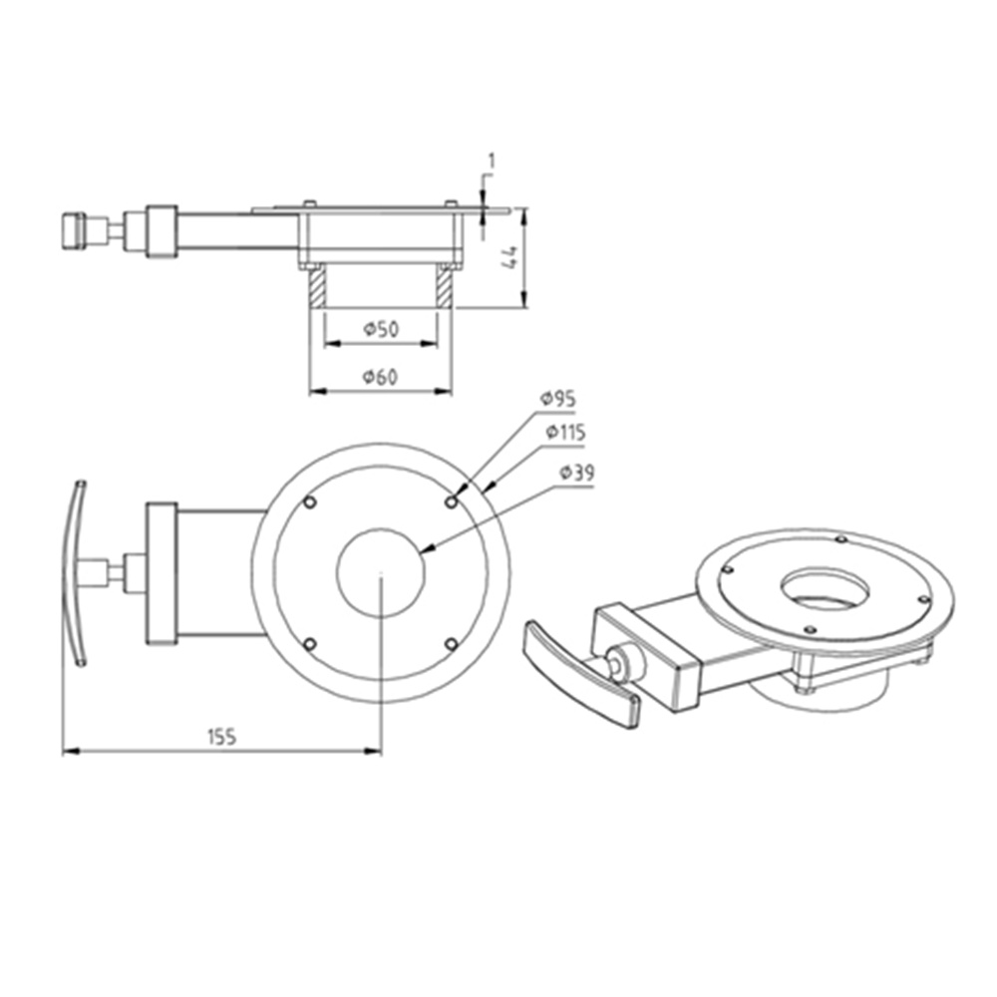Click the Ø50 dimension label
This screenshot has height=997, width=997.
click(x=381, y=329)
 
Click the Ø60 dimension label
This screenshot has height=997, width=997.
click(x=381, y=377)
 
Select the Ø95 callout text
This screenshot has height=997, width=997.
click(x=558, y=398)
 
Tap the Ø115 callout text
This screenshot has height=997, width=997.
click(x=565, y=434)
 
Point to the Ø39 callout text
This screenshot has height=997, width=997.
click(x=577, y=474)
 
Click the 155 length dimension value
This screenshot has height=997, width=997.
click(x=220, y=737)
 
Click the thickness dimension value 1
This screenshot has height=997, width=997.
click(x=491, y=160)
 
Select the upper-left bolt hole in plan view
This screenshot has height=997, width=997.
click(x=310, y=502)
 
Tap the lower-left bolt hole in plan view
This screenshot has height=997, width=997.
click(x=310, y=644)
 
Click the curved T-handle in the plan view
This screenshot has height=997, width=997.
click(x=74, y=573)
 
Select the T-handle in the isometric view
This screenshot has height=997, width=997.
click(x=581, y=675)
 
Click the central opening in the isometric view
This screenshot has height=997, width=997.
click(x=824, y=587)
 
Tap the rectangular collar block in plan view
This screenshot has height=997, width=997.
click(x=162, y=573)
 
